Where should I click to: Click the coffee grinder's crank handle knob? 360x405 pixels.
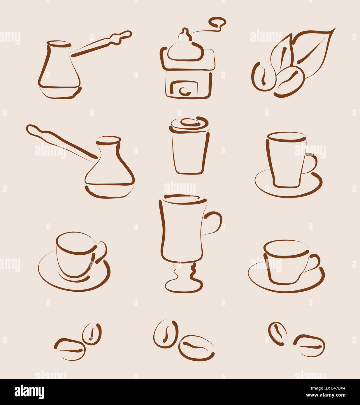(218, 22)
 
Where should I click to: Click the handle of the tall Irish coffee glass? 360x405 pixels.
(214, 223)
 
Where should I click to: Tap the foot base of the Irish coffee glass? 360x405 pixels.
(183, 286)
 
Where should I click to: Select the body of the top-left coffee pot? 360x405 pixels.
(59, 70)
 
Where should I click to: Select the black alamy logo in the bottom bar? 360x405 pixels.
(29, 392)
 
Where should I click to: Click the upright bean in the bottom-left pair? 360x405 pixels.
(92, 334)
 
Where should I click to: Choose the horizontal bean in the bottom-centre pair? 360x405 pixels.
(196, 348)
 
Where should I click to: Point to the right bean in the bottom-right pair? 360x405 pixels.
(309, 346)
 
